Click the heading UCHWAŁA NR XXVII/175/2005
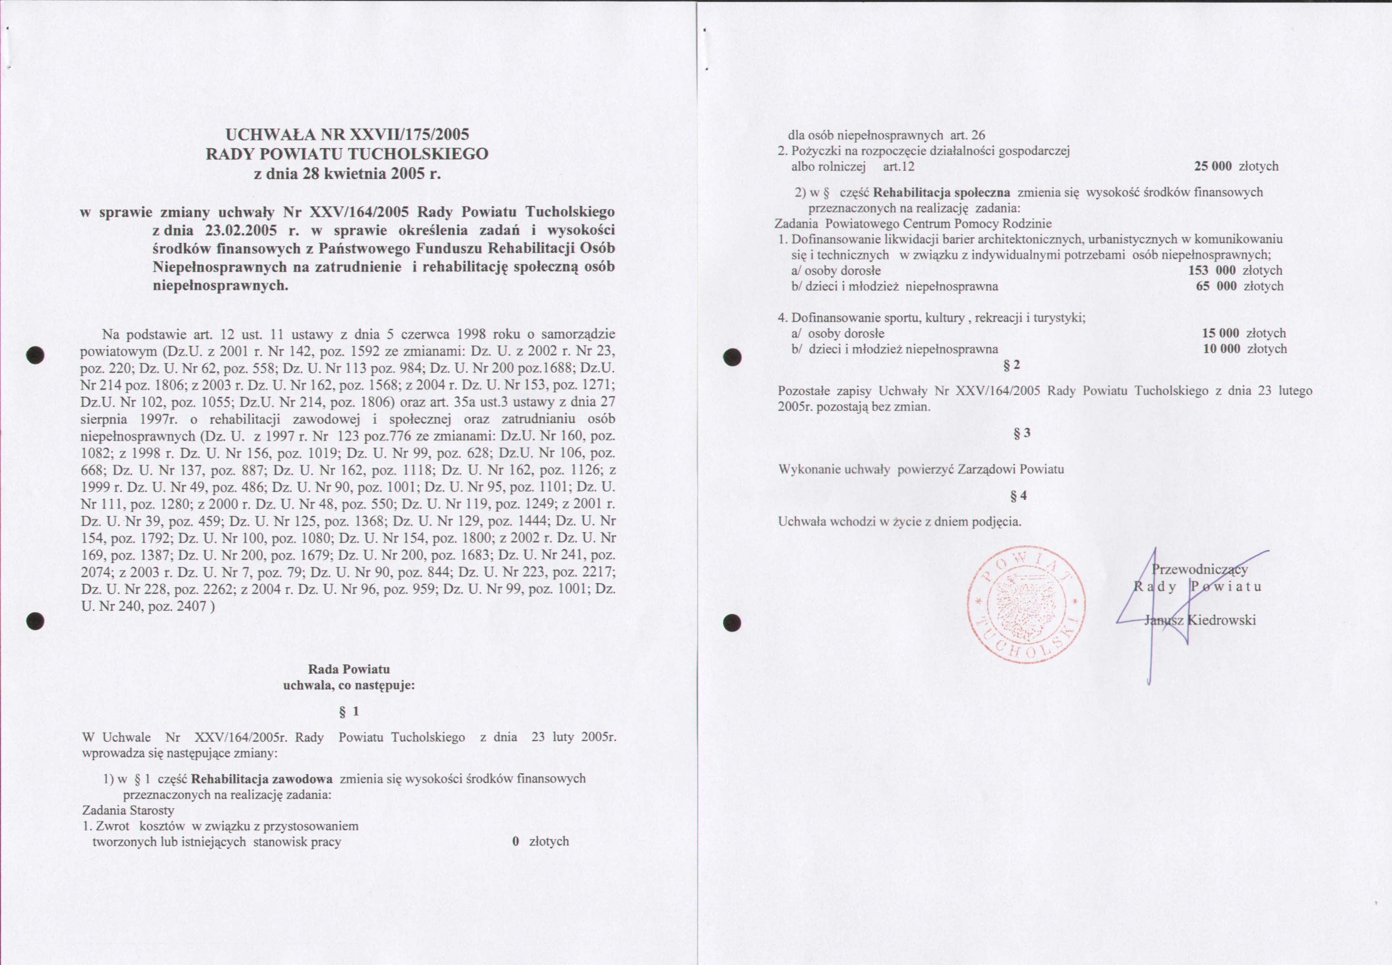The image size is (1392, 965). (347, 134)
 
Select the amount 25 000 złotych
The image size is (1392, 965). (1236, 166)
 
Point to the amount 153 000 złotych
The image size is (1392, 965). (1235, 270)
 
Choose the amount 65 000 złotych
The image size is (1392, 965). (1239, 286)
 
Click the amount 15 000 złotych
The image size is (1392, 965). (1243, 333)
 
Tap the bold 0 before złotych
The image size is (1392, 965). (516, 841)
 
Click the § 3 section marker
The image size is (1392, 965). (1022, 433)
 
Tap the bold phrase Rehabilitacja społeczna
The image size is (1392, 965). (942, 193)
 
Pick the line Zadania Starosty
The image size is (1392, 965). (128, 810)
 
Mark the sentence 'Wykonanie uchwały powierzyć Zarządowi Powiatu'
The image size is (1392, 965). (921, 469)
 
